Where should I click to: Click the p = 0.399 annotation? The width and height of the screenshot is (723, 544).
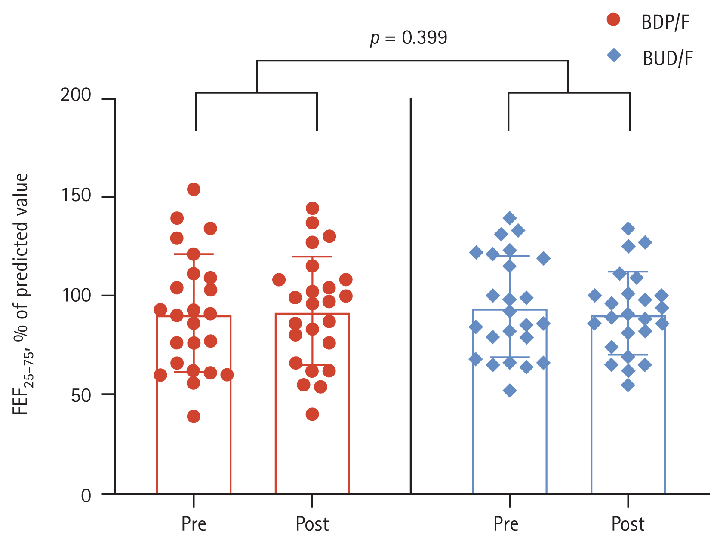[x=409, y=38]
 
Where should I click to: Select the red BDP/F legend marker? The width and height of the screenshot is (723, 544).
[x=613, y=20]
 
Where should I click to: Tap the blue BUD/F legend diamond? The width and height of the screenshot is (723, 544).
[x=614, y=55]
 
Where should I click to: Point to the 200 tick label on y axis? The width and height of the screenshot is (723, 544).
[x=76, y=95]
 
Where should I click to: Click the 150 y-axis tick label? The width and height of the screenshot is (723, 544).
[x=76, y=196]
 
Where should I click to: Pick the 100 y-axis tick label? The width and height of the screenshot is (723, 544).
[x=76, y=296]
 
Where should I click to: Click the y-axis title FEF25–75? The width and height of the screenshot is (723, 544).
[x=22, y=294]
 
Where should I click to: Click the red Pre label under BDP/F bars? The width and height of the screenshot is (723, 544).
[x=194, y=524]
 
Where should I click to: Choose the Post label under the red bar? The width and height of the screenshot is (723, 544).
[x=312, y=524]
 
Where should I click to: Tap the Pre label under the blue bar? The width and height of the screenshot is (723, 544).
[x=506, y=524]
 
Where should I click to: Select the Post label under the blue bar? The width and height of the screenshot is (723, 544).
[x=628, y=524]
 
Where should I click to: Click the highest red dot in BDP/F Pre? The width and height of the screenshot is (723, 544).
[x=194, y=189]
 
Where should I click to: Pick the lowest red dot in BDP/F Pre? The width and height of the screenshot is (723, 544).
[x=194, y=416]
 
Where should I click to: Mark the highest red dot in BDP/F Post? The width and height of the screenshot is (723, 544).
[x=312, y=208]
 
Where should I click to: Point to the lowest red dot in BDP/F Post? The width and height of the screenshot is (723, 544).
[x=312, y=414]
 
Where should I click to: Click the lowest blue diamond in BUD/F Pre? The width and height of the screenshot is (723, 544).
[x=510, y=391]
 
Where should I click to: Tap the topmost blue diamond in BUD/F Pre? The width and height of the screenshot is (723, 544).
[x=510, y=218]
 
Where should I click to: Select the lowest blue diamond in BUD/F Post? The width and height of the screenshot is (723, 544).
[x=628, y=385]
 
